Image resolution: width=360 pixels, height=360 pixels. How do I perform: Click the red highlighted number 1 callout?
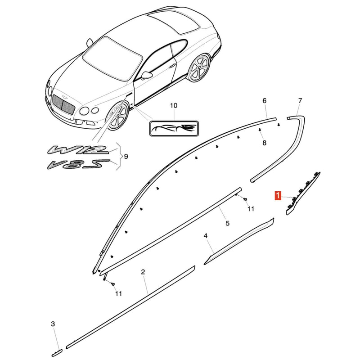[x=278, y=196]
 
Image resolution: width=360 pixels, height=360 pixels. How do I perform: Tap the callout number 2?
[x=143, y=272]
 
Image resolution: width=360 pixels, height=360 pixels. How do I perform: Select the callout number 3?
[x=53, y=324]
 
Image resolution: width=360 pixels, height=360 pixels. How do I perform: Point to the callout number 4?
[x=206, y=236]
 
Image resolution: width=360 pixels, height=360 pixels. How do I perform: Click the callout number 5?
[x=227, y=223]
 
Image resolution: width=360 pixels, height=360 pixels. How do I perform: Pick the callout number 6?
[x=265, y=100]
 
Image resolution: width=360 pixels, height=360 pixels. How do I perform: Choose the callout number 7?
[x=300, y=100]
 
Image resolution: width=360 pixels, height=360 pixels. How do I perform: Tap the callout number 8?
[x=264, y=143]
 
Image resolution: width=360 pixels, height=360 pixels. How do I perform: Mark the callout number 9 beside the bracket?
[x=126, y=157]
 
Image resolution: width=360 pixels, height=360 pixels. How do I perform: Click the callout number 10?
[x=174, y=106]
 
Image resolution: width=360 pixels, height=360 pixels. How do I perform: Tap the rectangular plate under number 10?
[x=174, y=128]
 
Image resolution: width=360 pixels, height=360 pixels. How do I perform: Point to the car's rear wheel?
[x=199, y=68]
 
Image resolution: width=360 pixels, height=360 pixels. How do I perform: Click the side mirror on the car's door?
[x=147, y=75]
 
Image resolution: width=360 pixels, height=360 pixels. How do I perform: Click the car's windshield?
[x=112, y=59]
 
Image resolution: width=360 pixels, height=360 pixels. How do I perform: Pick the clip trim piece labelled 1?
[x=303, y=193]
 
